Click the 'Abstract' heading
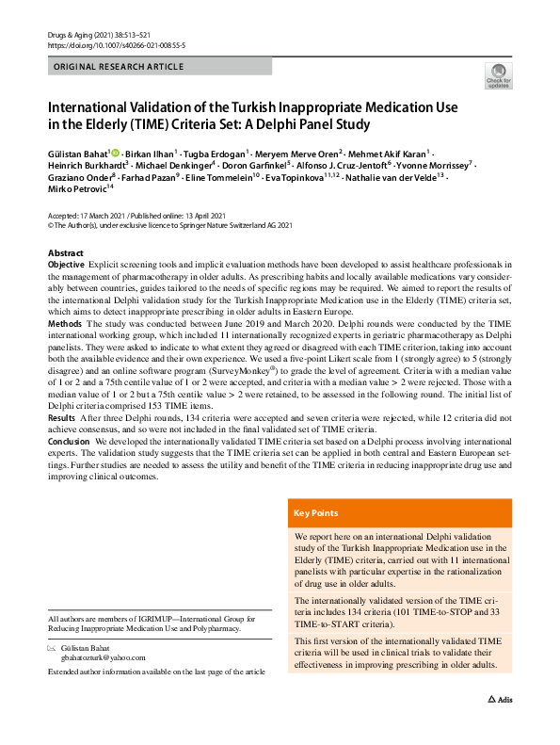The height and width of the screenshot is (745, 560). tap(66, 254)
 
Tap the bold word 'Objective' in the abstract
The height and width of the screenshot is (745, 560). tap(65, 267)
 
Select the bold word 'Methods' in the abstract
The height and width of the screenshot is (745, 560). tap(64, 322)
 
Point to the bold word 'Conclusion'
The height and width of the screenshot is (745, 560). tap(69, 438)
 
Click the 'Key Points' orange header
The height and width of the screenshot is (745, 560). tap(316, 513)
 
